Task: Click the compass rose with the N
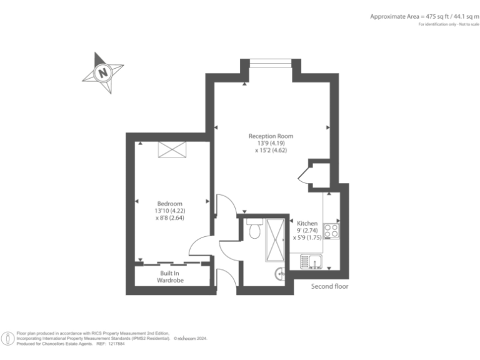(102, 72)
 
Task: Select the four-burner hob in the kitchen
(331, 229)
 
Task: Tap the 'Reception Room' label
(271, 136)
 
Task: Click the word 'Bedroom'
(169, 204)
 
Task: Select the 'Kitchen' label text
(307, 223)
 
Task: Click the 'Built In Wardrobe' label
(170, 277)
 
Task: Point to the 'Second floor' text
(329, 286)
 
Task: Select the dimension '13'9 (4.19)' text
(271, 143)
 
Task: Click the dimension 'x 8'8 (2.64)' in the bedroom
(169, 217)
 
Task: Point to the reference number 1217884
(117, 344)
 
